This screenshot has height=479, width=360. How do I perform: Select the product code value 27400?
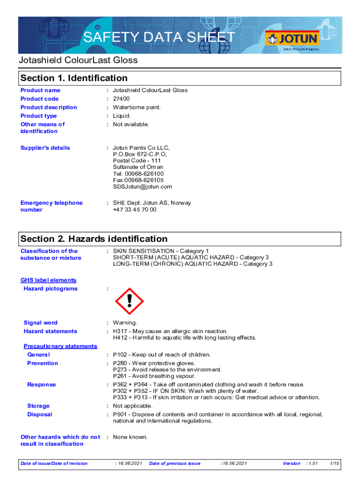pyautogui.click(x=122, y=99)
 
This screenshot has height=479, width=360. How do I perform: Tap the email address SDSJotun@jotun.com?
pyautogui.click(x=142, y=187)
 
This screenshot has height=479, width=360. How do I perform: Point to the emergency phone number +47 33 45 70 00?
pyautogui.click(x=135, y=210)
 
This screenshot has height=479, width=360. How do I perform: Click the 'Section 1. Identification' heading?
pyautogui.click(x=74, y=78)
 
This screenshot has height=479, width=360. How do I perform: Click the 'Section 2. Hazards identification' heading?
pyautogui.click(x=94, y=239)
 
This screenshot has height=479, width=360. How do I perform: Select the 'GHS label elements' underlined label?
pyautogui.click(x=48, y=280)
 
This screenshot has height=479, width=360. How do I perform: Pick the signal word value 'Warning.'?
pyautogui.click(x=125, y=323)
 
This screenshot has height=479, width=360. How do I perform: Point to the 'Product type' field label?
pyautogui.click(x=39, y=116)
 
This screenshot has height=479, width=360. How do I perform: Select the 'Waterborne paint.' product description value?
pyautogui.click(x=137, y=107)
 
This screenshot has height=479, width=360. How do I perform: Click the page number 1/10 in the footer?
pyautogui.click(x=334, y=464)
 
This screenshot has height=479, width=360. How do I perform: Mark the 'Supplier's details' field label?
pyautogui.click(x=45, y=148)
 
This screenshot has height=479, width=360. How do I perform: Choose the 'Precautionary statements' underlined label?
pyautogui.click(x=60, y=346)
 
